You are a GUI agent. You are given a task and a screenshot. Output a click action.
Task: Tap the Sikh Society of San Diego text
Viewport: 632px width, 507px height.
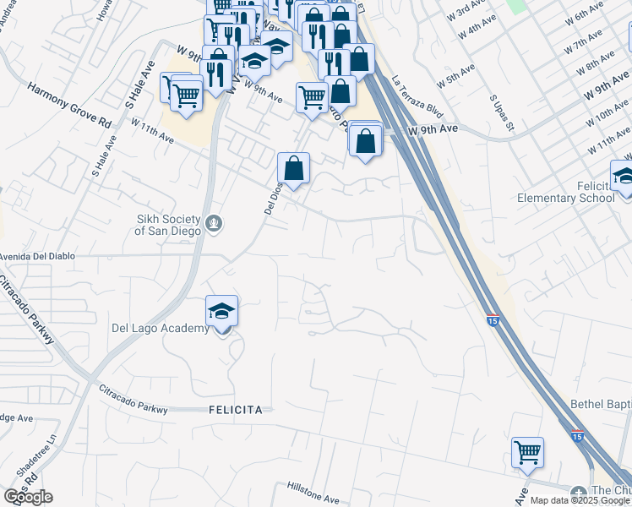coord(169,224)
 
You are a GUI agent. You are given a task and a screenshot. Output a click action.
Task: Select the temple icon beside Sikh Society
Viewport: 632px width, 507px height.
coord(215,224)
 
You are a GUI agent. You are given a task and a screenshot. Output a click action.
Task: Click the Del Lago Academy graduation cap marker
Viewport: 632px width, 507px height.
coord(221,311)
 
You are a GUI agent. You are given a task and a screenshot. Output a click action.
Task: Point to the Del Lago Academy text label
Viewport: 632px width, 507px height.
coord(160,329)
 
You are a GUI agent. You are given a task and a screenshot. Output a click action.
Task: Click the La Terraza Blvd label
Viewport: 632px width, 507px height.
coord(417,97)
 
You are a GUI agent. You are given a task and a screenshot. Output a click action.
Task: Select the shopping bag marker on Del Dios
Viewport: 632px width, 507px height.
coord(293,168)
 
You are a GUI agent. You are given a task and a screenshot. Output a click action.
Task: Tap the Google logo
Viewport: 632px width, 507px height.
coord(27,497)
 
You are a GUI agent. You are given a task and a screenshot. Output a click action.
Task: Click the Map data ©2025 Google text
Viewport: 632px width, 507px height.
coord(580,500)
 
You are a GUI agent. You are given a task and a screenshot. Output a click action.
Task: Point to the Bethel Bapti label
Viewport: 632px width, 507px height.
coord(601,404)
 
